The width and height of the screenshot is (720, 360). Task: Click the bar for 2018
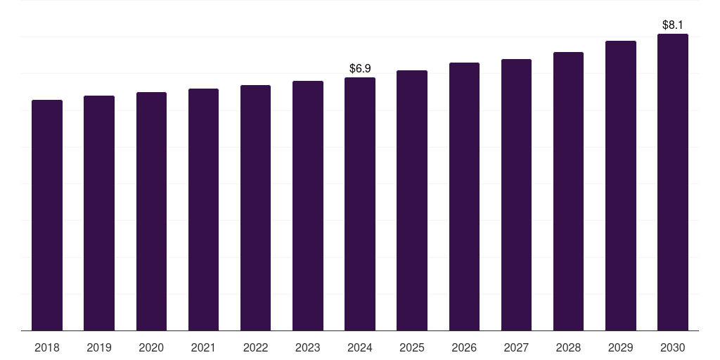(47, 215)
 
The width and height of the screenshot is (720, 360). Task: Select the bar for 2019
(99, 213)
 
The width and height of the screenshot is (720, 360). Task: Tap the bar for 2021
(203, 210)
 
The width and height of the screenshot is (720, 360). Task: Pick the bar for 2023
(308, 206)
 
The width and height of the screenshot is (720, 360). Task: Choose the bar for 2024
(360, 204)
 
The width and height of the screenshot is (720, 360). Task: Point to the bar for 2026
(464, 197)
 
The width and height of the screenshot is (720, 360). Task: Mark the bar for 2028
(568, 191)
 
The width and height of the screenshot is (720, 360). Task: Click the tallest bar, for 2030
(673, 182)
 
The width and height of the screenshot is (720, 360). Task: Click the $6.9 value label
(360, 68)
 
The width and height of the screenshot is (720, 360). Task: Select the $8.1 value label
(673, 25)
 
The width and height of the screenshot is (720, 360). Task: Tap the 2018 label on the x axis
(47, 347)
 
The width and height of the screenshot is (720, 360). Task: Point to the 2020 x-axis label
(151, 347)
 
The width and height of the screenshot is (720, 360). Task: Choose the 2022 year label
(255, 347)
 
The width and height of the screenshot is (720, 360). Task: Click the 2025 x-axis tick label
(412, 347)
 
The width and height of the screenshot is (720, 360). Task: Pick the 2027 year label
(516, 347)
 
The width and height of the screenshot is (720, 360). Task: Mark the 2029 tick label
(620, 347)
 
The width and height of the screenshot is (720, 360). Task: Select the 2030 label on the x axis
(673, 347)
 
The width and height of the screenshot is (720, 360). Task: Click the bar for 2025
(412, 200)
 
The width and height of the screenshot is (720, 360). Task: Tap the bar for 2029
(621, 186)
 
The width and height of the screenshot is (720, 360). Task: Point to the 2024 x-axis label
(360, 347)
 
